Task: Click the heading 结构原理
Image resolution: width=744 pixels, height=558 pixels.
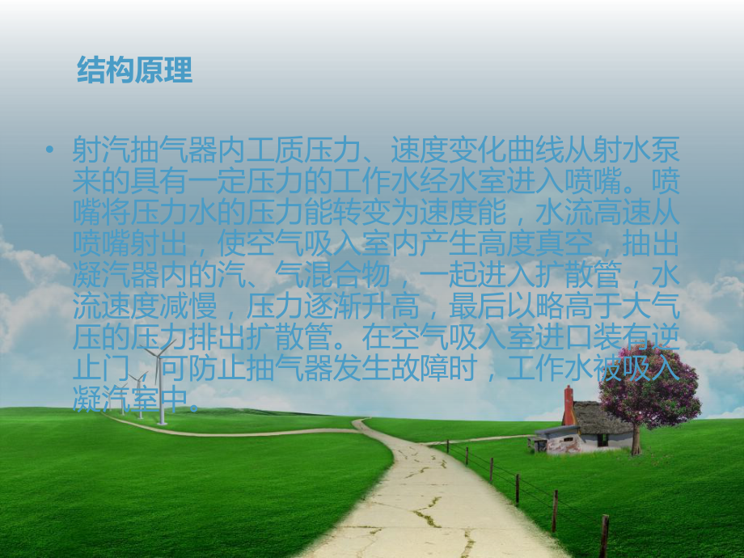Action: pyautogui.click(x=134, y=70)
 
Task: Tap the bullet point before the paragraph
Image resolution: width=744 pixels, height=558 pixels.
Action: pyautogui.click(x=52, y=150)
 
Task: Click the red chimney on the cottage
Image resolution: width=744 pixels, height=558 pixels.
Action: pyautogui.click(x=569, y=404)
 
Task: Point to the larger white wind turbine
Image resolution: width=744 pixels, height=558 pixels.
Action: pyautogui.click(x=162, y=380)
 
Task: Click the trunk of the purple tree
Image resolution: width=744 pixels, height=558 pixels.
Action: pyautogui.click(x=636, y=437)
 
